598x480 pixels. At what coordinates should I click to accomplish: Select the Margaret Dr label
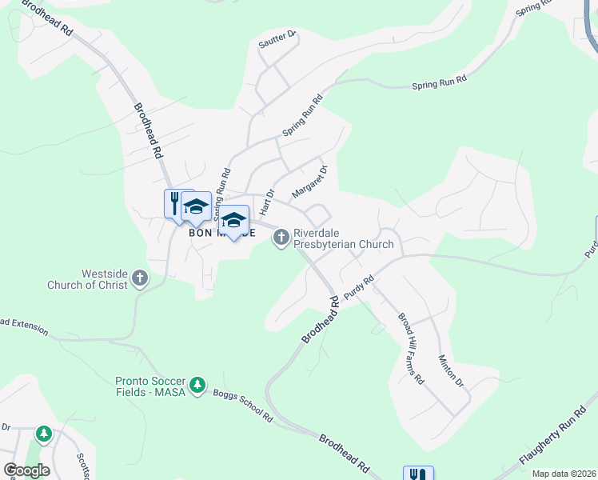[x=311, y=182]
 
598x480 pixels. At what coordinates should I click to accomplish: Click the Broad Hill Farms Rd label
[x=411, y=346]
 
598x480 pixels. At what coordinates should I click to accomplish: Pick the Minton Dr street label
[x=451, y=372]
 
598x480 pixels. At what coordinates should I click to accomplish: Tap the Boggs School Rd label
[x=243, y=406]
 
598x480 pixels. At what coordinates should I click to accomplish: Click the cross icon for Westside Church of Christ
[x=139, y=278]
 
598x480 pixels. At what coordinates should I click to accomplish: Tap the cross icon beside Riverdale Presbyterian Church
[x=281, y=238]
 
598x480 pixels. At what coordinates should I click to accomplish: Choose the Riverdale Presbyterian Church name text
[x=344, y=238]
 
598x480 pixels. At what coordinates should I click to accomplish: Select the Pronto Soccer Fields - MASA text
[x=150, y=386]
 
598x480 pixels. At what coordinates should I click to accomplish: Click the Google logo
[x=26, y=470]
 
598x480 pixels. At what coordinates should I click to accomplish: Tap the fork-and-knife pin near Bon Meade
[x=175, y=202]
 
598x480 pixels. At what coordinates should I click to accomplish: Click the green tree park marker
[x=43, y=434]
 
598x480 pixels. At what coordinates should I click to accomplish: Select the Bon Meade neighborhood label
[x=221, y=234]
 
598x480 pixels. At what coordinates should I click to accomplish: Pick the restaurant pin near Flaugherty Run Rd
[x=418, y=474]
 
